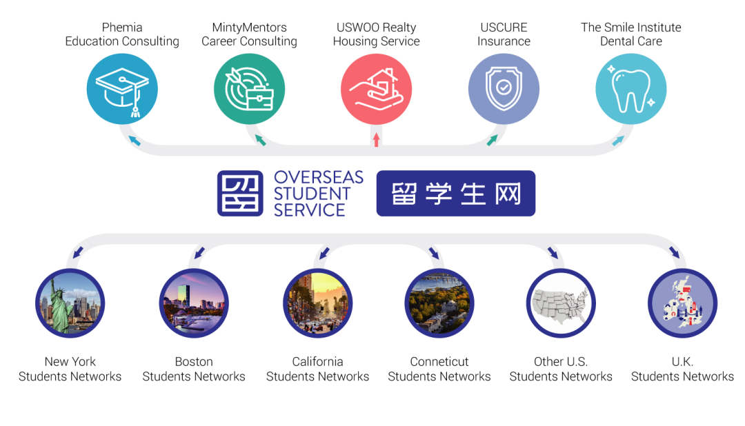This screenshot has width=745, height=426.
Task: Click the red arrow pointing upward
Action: click(x=376, y=140)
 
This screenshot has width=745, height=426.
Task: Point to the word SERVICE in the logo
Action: click(x=310, y=210)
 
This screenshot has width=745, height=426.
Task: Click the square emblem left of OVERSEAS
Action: click(x=240, y=194)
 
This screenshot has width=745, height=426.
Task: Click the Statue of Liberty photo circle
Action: click(x=70, y=303)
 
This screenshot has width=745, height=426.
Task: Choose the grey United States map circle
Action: click(x=560, y=303)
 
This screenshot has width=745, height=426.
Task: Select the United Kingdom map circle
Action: click(x=682, y=303)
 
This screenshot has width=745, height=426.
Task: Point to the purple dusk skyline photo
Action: click(x=194, y=303)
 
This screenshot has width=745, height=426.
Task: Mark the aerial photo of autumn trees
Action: click(x=439, y=303)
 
